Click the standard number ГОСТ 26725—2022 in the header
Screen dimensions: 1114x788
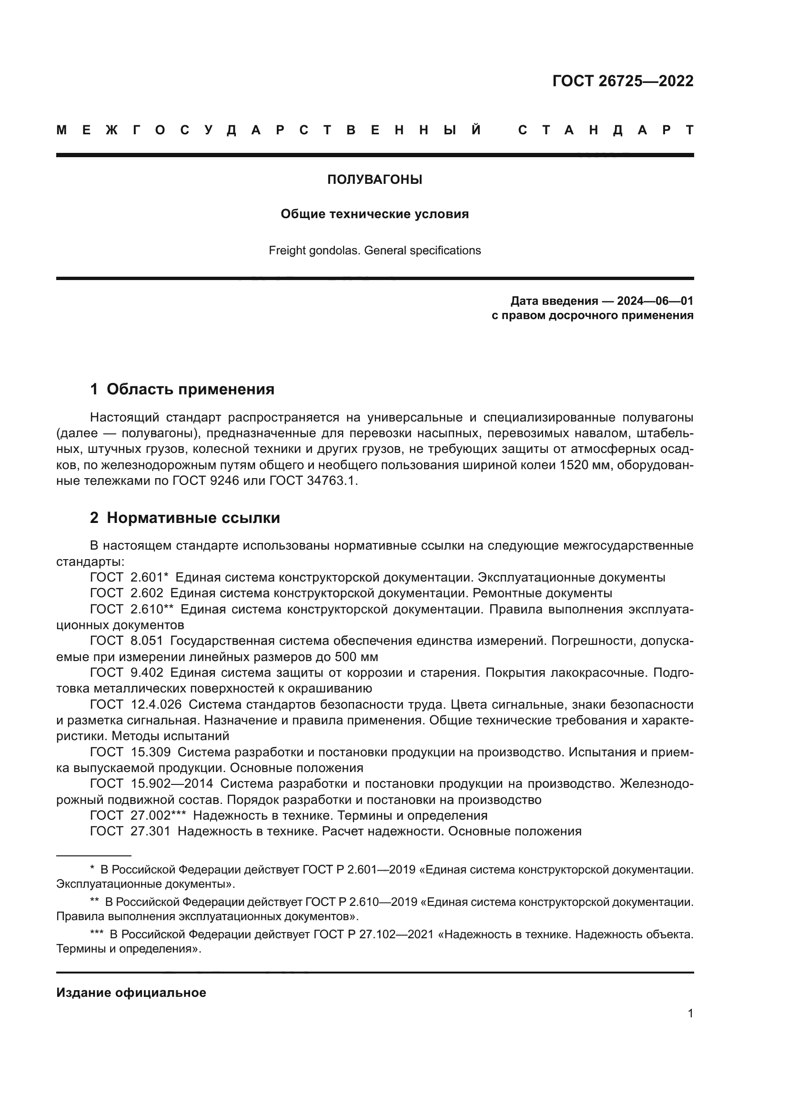(x=623, y=81)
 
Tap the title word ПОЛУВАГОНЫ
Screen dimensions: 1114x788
(x=374, y=180)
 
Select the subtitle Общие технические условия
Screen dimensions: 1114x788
(x=374, y=214)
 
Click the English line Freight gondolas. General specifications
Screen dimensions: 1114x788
(x=374, y=251)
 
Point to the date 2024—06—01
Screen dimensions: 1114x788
(x=655, y=301)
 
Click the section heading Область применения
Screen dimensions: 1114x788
(x=190, y=389)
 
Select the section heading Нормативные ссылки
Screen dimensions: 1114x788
(x=193, y=518)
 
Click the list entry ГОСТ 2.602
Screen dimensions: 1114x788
(x=127, y=593)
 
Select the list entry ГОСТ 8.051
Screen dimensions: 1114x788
(x=127, y=641)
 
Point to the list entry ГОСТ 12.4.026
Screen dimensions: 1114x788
(x=135, y=704)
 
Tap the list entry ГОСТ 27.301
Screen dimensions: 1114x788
(x=130, y=831)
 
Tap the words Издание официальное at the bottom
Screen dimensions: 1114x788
(x=131, y=993)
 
